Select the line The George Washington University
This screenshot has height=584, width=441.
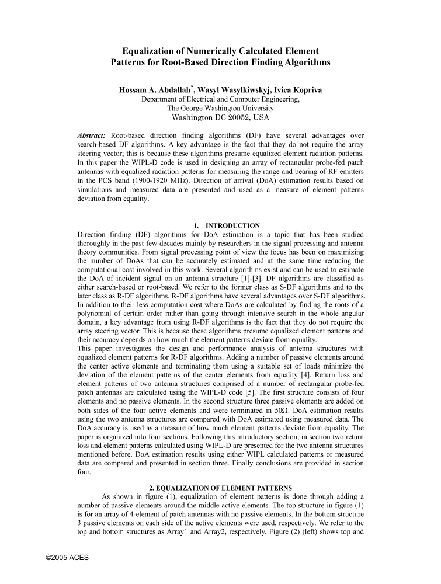(220, 108)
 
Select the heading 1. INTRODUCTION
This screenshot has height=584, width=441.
(226, 225)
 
